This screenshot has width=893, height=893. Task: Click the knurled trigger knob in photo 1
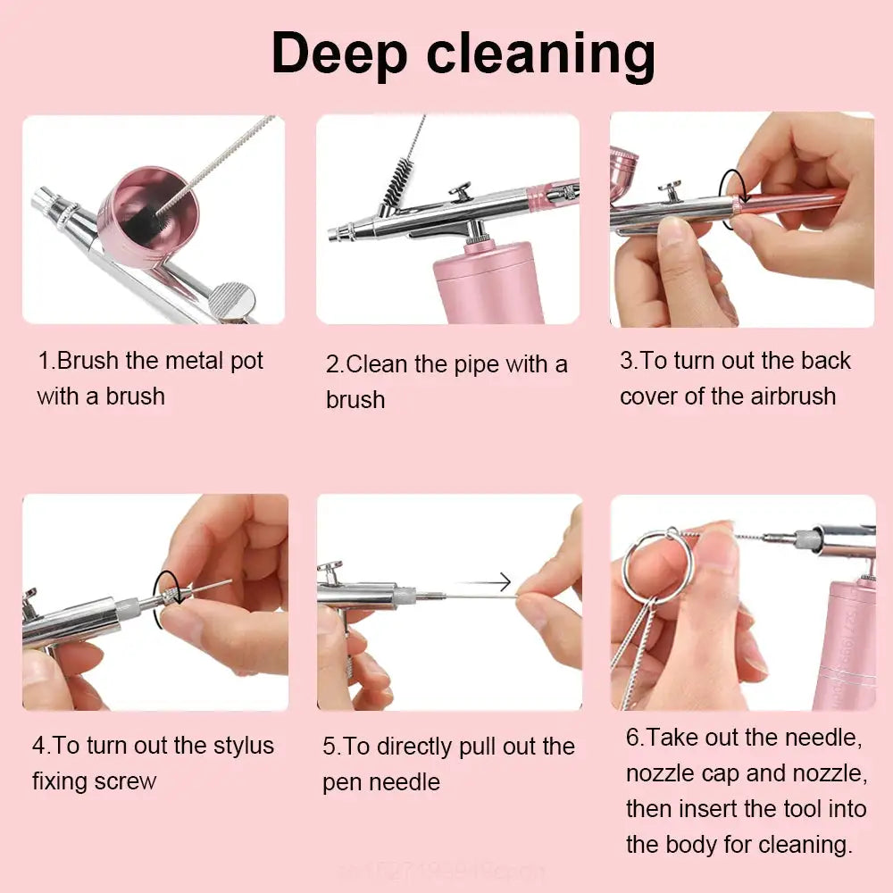point(233,299)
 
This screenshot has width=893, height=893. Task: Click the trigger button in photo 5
point(330,568)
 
